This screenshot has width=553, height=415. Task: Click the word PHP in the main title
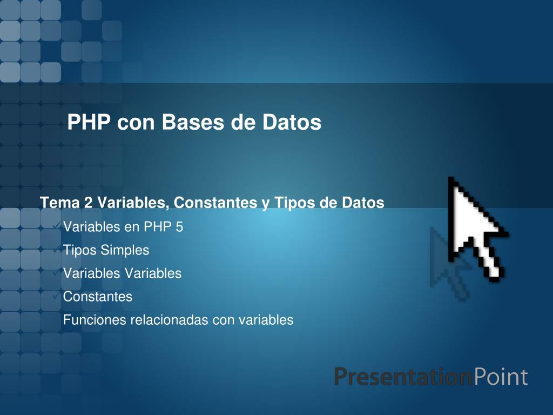click(x=89, y=122)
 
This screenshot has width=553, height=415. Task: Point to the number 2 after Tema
click(x=88, y=203)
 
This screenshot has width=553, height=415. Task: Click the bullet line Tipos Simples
click(x=106, y=250)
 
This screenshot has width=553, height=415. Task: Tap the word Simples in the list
click(x=125, y=250)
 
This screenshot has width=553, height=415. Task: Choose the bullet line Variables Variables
click(x=122, y=273)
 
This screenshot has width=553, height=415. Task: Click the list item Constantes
click(x=98, y=297)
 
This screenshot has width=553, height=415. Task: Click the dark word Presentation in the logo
click(x=403, y=377)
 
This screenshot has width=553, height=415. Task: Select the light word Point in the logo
click(x=501, y=377)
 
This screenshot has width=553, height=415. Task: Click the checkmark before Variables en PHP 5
click(x=56, y=226)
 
